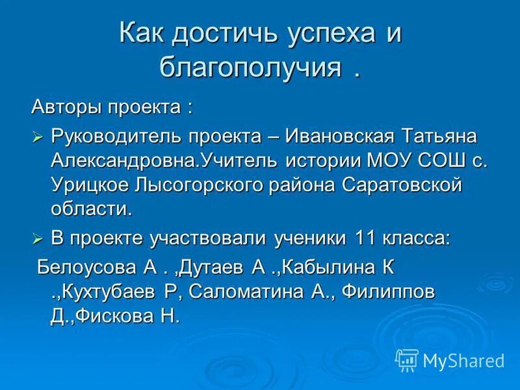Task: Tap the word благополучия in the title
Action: [250, 67]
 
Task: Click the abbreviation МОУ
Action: [397, 161]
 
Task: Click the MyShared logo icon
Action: [407, 360]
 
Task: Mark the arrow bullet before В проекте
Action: [38, 239]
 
